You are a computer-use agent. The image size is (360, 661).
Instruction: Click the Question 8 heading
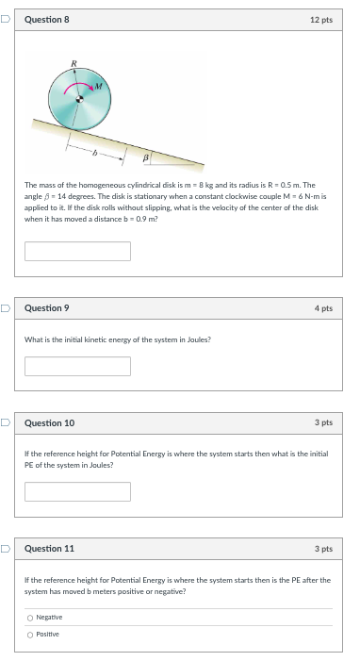(46, 19)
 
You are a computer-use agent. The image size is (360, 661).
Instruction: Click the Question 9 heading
(46, 308)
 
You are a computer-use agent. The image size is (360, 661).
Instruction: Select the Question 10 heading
(49, 423)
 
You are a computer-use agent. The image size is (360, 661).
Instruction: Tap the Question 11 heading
(49, 548)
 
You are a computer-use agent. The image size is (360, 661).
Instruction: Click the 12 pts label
(320, 19)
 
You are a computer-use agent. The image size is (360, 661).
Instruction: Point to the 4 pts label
(322, 308)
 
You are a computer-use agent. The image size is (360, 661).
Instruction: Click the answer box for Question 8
(77, 251)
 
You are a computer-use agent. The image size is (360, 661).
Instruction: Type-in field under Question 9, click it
(77, 366)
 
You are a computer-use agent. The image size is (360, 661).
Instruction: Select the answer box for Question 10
(77, 491)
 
